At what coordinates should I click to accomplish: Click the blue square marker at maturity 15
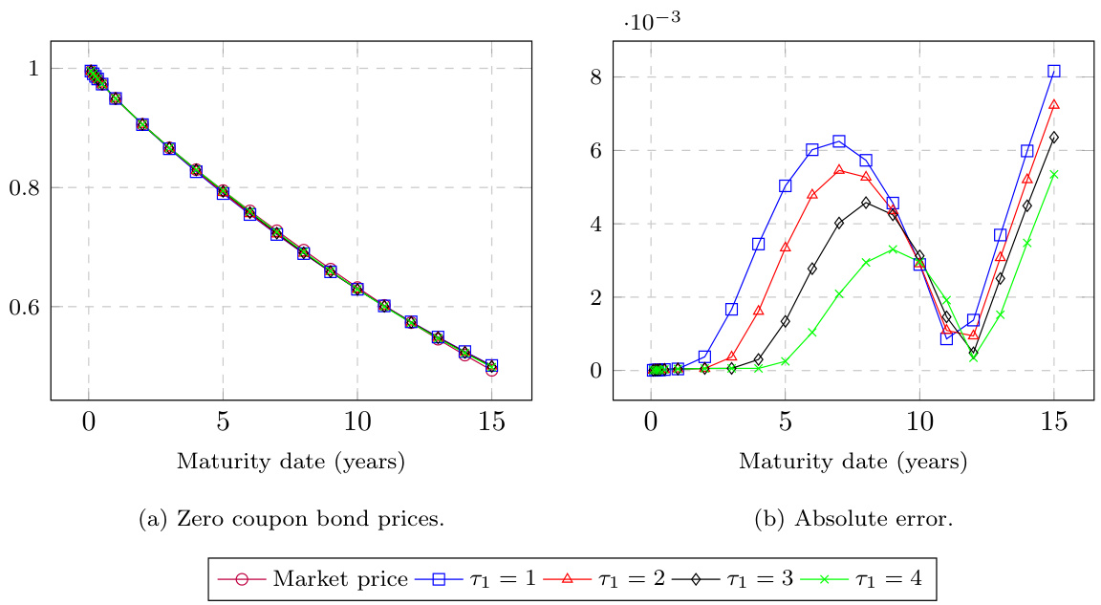click(1053, 71)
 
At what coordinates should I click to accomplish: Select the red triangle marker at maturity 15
click(1053, 104)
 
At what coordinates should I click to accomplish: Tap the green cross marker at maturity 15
click(1053, 174)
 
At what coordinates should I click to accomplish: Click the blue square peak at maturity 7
click(839, 141)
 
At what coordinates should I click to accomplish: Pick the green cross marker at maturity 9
click(893, 249)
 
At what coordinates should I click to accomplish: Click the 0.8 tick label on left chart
click(24, 188)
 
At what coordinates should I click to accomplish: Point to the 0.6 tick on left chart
click(24, 308)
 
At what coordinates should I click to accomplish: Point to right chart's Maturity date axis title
click(853, 462)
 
